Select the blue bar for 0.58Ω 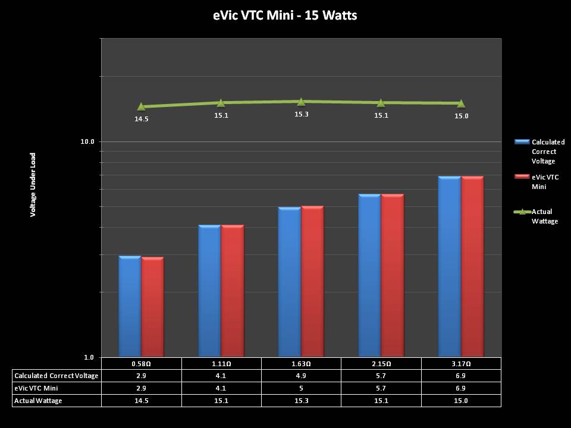point(130,306)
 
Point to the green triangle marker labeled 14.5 point(141,106)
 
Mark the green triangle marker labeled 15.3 point(301,102)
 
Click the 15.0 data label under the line point(462,116)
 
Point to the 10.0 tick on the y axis point(88,141)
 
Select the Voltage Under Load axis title point(33,184)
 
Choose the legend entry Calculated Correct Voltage point(548,152)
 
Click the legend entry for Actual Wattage point(544,216)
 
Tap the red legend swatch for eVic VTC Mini point(522,177)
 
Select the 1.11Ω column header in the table point(221,363)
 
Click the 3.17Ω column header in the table point(461,363)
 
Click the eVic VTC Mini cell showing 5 point(301,388)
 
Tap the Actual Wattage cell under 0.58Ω point(141,401)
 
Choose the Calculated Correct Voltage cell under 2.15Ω point(381,376)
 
